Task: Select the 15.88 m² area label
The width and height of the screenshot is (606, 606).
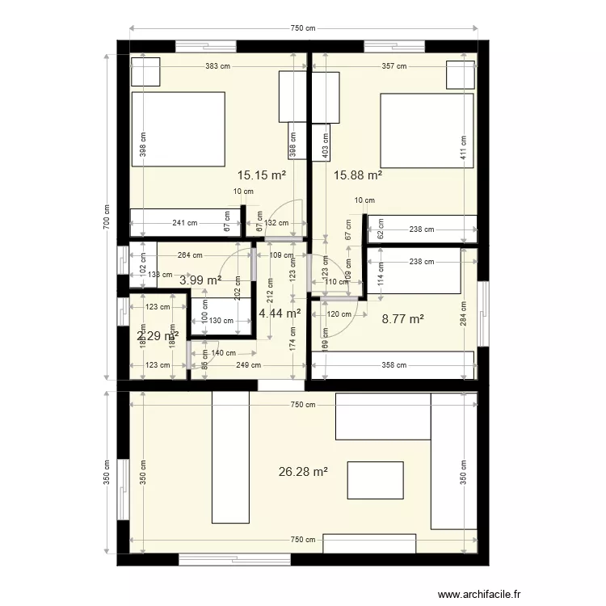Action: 358,175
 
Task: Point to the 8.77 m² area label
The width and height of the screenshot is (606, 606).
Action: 402,319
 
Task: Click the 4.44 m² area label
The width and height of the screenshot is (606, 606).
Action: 280,313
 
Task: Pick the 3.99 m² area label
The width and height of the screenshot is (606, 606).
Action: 200,280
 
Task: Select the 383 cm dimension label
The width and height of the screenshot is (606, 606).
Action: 218,66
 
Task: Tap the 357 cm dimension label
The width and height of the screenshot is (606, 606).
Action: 394,66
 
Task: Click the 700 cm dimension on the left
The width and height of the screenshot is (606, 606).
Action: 106,217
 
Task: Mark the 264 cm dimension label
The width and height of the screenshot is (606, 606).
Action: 190,256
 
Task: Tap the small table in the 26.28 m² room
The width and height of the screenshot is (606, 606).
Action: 375,480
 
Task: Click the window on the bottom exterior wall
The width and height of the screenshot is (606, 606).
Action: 234,559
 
